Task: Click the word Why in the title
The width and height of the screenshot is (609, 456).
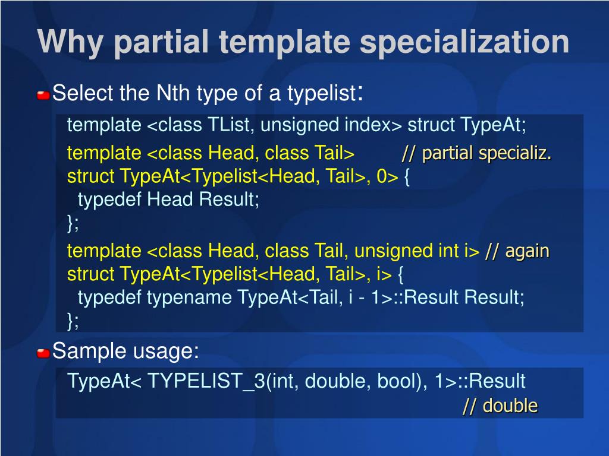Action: click(x=70, y=42)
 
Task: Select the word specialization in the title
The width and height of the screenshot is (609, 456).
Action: click(x=464, y=42)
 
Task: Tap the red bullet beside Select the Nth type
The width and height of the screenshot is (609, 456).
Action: click(x=43, y=95)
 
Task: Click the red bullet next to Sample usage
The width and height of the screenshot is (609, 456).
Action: click(x=43, y=353)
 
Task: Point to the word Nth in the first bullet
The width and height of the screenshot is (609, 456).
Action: click(x=173, y=93)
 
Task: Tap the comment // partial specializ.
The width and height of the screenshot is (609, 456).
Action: click(x=476, y=154)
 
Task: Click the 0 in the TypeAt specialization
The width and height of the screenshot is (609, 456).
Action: click(x=382, y=176)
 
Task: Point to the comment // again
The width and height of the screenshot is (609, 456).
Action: click(x=517, y=252)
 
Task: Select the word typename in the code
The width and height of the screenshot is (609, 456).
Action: click(x=189, y=298)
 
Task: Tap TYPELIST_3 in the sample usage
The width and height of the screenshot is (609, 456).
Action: click(x=206, y=381)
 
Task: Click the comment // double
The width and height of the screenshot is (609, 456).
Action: click(x=500, y=406)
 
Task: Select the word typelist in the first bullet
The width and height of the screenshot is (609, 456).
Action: click(x=322, y=93)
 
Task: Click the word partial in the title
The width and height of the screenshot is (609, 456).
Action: click(x=161, y=42)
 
